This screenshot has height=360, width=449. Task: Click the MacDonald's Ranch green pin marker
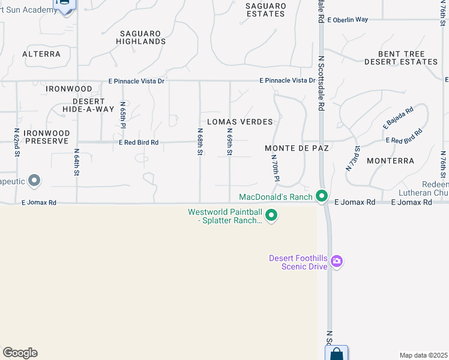(322, 196)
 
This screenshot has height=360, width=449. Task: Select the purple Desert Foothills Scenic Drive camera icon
(337, 261)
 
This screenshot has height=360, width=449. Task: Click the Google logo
(20, 353)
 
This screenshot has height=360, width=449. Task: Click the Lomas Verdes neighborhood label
(240, 122)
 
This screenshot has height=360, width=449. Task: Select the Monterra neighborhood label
(390, 161)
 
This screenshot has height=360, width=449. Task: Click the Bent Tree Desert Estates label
(401, 58)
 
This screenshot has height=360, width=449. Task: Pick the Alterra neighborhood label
(41, 54)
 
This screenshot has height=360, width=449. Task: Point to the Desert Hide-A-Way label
(84, 105)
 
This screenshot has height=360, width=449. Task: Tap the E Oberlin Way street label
(348, 19)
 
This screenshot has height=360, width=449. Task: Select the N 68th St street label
(200, 142)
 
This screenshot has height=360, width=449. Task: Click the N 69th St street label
(230, 142)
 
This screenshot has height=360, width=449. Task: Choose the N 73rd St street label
(352, 159)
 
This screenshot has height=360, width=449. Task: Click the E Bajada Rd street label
(399, 119)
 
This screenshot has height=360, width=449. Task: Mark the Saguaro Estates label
(265, 10)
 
